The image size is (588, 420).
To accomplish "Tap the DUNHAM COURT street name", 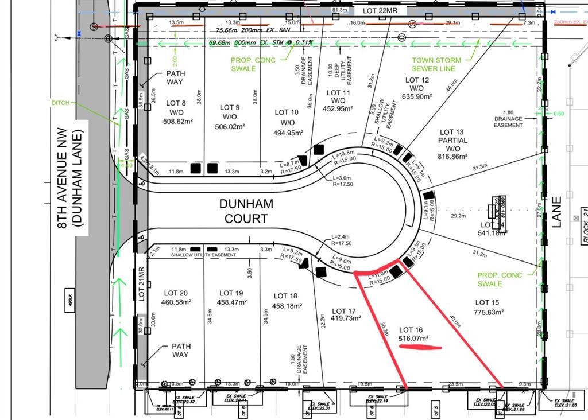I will tap(246, 211).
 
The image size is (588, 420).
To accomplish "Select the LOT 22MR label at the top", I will tap(384, 11).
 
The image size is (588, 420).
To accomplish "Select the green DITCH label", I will tap(60, 103).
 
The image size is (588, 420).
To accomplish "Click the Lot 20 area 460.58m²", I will tap(175, 302).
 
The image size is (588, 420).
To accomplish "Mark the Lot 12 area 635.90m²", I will tap(417, 97).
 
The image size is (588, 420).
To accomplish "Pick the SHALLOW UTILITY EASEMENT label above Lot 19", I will tap(204, 255).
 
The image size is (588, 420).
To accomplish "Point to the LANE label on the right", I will tap(556, 212).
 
